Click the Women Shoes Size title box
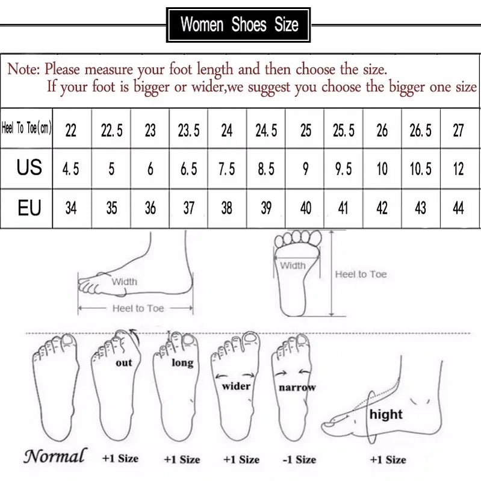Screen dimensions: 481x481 tap(239, 25)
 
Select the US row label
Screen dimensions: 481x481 tap(28, 167)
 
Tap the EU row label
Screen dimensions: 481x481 tap(28, 208)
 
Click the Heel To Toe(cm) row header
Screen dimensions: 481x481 tap(27, 128)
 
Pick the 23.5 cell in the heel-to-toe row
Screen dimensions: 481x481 tap(188, 130)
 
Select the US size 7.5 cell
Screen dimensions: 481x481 tap(226, 169)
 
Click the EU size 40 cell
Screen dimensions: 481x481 tap(305, 208)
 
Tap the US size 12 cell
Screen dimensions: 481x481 tap(458, 169)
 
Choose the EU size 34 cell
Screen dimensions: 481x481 tap(71, 208)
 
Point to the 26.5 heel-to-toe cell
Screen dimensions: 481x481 tap(420, 130)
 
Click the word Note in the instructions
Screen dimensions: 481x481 tap(23, 69)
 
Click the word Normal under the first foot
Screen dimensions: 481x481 tap(55, 455)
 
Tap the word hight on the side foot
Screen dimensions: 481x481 tap(386, 414)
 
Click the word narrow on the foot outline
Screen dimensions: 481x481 tap(297, 388)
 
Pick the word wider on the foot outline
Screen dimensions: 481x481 tap(236, 386)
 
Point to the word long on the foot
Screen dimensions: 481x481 tap(182, 362)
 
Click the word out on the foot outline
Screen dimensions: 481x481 tap(123, 362)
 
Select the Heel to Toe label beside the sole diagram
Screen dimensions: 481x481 tap(361, 274)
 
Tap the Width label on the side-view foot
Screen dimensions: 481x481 tap(124, 281)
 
